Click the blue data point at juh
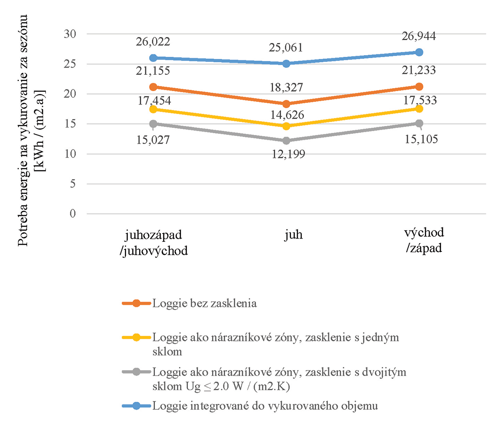pos(286,63)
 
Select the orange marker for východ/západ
pos(419,86)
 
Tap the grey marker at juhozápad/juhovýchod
pos(153,124)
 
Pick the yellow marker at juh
pos(286,126)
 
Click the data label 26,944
pos(419,36)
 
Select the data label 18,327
pos(286,88)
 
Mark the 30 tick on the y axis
pos(70,34)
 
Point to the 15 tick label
pos(70,124)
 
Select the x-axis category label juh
pos(294,234)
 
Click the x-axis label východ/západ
pos(424,240)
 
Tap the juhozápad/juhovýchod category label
pos(154,243)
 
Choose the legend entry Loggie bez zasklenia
pos(204,303)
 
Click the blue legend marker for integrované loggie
pos(136,406)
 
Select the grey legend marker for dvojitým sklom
pos(136,372)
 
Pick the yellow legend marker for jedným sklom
pos(136,338)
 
